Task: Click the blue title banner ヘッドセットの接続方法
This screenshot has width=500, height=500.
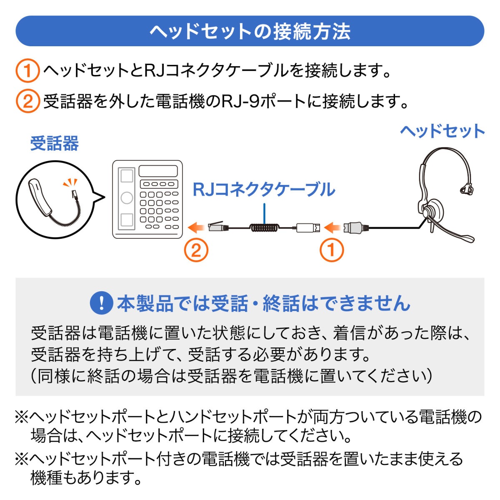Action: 250,31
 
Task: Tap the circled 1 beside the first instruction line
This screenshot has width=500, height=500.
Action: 27,70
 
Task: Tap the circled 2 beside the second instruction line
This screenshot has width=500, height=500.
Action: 27,101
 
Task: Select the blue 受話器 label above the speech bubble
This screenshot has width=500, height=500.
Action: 54,144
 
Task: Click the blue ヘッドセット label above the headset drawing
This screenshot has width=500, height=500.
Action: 442,131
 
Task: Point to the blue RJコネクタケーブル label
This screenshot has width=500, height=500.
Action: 264,190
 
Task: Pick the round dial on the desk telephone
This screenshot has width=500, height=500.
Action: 127,197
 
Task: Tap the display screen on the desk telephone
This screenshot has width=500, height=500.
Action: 158,171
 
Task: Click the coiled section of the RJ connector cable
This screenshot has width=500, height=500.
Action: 264,228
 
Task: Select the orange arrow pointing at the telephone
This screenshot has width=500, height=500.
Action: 196,227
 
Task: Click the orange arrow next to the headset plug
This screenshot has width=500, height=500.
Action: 332,227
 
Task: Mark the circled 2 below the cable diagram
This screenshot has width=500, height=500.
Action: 196,250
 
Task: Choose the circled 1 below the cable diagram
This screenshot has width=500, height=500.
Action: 332,250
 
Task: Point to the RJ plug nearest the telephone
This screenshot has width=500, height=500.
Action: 218,227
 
